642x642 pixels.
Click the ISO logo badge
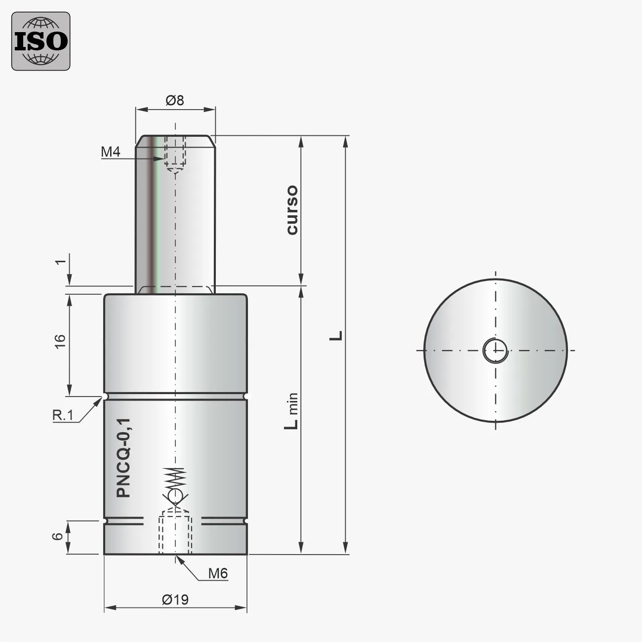pyautogui.click(x=41, y=41)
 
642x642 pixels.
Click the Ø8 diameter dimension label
pyautogui.click(x=175, y=100)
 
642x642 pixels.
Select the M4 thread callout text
pyautogui.click(x=111, y=152)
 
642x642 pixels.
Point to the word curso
pyautogui.click(x=292, y=210)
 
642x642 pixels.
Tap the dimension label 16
pyautogui.click(x=60, y=341)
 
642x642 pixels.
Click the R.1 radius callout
pyautogui.click(x=63, y=415)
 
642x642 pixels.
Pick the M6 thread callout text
pyautogui.click(x=217, y=573)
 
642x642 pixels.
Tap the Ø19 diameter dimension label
pyautogui.click(x=175, y=600)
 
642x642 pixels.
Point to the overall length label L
pyautogui.click(x=337, y=336)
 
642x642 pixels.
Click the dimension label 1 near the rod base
pyautogui.click(x=60, y=262)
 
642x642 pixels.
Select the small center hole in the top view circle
pyautogui.click(x=495, y=351)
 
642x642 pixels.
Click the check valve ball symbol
pyautogui.click(x=175, y=495)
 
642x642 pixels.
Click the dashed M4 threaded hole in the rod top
pyautogui.click(x=176, y=153)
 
